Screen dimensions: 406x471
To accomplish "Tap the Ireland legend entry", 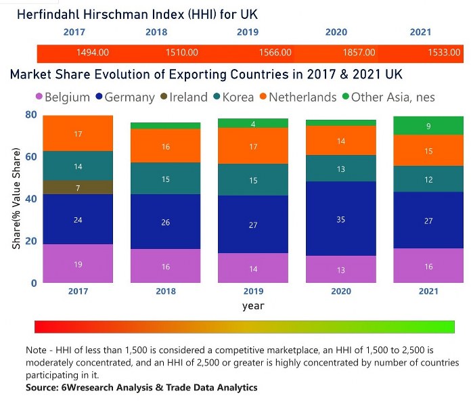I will click(184, 97).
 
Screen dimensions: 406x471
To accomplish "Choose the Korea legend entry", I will click(233, 97).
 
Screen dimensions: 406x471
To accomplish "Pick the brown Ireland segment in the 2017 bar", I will click(78, 187).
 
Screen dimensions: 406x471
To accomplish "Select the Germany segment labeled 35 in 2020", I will click(340, 219).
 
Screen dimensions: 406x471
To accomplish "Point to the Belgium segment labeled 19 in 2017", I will click(78, 264).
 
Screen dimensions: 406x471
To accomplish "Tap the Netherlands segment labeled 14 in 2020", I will click(340, 141).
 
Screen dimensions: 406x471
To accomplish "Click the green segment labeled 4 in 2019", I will click(252, 123).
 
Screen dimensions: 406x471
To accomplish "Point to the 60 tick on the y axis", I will click(30, 158).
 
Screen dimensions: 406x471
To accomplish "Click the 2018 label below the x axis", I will click(166, 292).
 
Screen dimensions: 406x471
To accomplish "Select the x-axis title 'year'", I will click(253, 306).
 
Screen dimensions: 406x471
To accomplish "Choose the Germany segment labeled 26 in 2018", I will click(166, 221).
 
